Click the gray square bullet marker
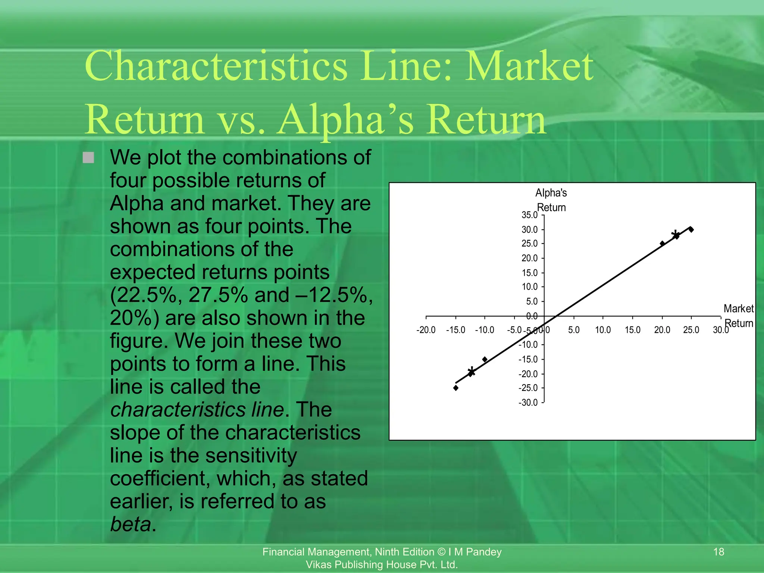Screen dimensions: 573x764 88,157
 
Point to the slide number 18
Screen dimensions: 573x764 718,552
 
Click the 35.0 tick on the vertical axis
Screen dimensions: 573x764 529,215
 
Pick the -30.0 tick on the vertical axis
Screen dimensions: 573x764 528,403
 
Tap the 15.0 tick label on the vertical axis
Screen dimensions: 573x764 529,273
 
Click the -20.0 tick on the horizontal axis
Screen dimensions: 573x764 426,330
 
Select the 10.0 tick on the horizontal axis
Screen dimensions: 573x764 603,330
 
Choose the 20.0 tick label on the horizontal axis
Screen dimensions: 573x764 662,330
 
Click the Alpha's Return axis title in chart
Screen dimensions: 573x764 551,200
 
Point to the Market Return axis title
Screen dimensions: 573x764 739,316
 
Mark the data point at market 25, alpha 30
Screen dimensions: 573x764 691,229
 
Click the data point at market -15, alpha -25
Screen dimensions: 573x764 456,388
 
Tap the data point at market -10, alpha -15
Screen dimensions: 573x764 485,359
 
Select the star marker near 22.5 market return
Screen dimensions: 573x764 676,236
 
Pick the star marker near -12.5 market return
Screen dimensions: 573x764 472,372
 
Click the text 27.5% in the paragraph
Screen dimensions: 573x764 218,295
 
